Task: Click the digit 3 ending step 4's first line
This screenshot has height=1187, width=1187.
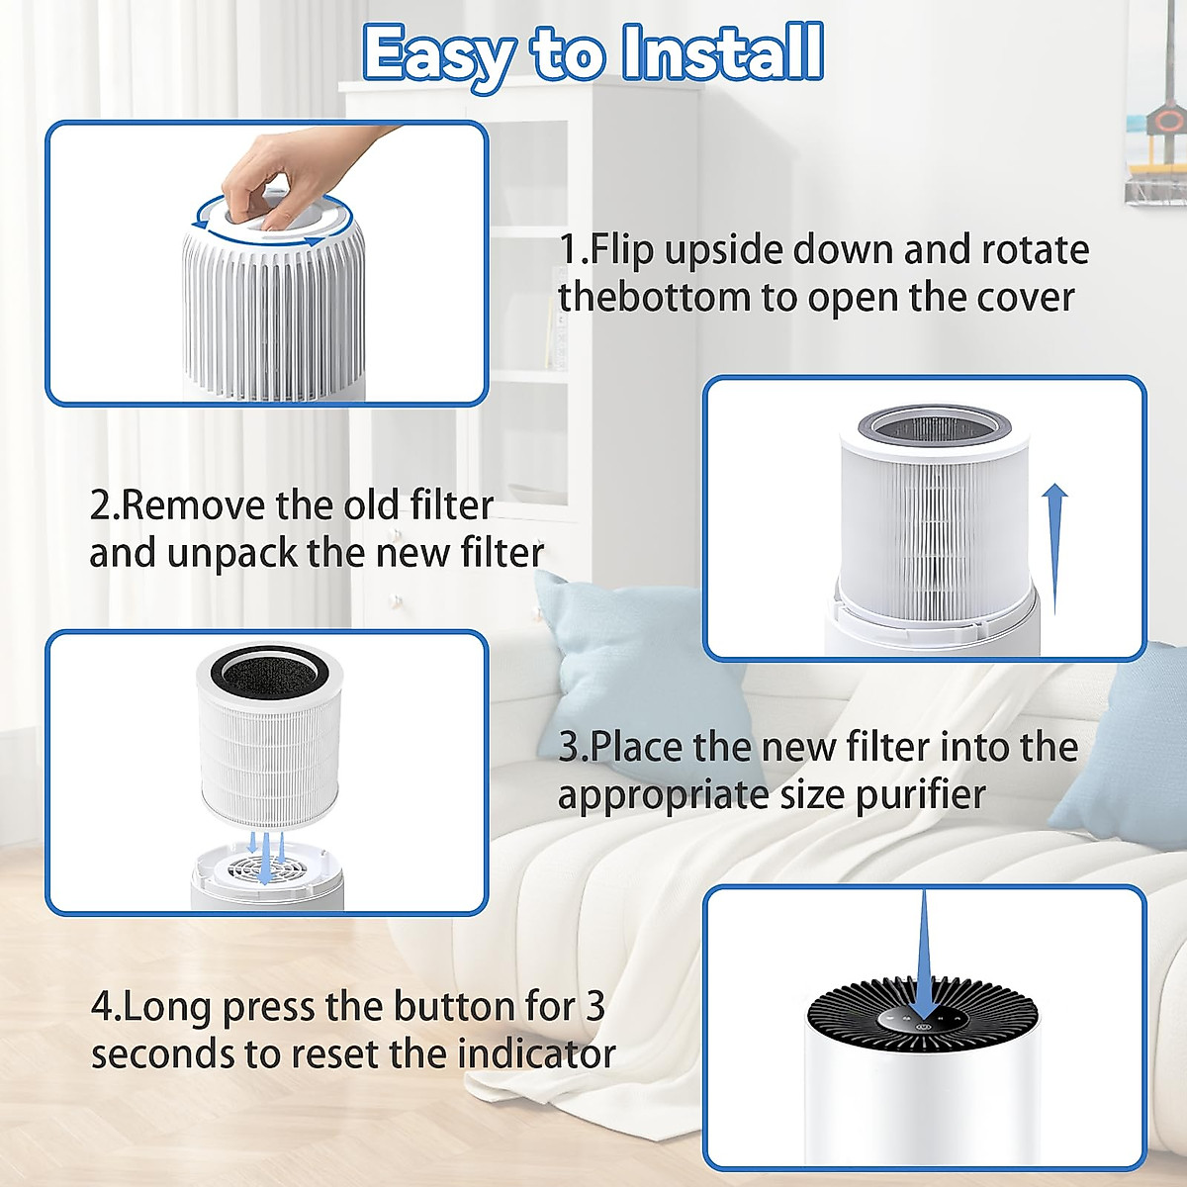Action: pos(594,1007)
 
